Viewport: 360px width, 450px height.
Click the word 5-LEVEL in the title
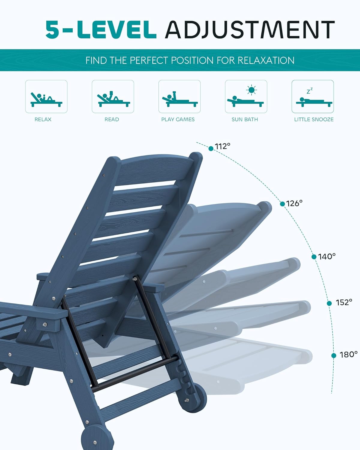pos(101,30)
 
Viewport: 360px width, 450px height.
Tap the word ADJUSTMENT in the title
pos(250,30)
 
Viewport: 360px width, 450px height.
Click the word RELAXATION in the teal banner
pos(266,60)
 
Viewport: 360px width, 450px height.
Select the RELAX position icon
pos(46,97)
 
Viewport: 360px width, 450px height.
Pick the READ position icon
pos(113,97)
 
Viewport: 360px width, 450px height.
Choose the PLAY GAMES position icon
pos(179,97)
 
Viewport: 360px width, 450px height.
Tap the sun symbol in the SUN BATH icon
pos(251,90)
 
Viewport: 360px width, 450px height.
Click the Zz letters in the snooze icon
pos(310,91)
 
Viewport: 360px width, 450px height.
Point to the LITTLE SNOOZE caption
pos(314,119)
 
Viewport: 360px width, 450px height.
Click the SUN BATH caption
pos(244,119)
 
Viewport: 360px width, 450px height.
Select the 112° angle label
pos(223,146)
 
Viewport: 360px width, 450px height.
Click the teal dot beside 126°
pos(282,204)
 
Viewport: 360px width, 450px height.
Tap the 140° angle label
pos(327,256)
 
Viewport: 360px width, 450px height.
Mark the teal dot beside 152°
pos(329,303)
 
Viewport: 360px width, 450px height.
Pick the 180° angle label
pos(349,355)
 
